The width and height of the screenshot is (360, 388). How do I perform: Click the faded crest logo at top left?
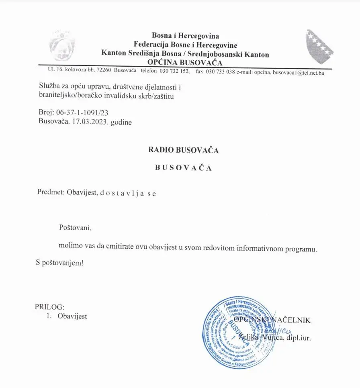coord(62,45)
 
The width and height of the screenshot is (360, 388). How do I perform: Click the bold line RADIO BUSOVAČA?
coord(183,150)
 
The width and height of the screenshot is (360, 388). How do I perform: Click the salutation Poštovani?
coord(76,228)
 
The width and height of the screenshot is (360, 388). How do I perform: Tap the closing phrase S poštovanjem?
coord(59,263)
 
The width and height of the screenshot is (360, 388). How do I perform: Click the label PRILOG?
coord(49,307)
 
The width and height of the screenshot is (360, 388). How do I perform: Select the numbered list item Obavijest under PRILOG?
coord(72,316)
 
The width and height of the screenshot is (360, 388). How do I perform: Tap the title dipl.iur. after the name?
coord(299,338)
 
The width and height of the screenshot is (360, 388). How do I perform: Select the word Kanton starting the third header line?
coord(114,54)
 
